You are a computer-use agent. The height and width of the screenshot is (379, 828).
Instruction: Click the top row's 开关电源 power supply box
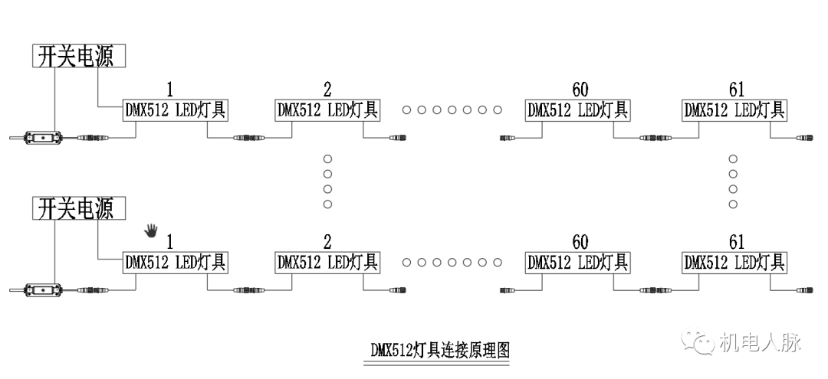point(78,57)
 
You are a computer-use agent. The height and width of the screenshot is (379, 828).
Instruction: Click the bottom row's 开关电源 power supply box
point(78,207)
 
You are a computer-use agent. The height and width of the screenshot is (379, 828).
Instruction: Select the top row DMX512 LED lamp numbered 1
point(176,110)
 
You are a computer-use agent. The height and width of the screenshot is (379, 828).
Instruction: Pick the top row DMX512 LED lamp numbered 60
point(577,110)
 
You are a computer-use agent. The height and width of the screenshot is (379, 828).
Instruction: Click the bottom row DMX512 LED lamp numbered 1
point(176,262)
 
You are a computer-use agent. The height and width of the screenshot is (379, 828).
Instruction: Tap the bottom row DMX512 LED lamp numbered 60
point(577,262)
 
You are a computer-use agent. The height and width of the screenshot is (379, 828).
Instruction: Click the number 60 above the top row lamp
point(580,90)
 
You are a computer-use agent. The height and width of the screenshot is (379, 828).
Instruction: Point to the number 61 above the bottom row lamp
point(737,242)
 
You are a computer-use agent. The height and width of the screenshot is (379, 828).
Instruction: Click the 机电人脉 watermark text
point(761,342)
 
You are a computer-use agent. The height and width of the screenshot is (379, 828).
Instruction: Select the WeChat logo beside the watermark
point(699,341)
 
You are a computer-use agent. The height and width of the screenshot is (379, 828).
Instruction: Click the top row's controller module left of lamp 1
point(44,139)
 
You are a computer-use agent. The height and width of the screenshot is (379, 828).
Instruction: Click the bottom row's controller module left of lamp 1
point(44,290)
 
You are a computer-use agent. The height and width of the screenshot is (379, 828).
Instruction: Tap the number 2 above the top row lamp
point(328,90)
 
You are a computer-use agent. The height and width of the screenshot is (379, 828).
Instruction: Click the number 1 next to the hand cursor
point(171,242)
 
